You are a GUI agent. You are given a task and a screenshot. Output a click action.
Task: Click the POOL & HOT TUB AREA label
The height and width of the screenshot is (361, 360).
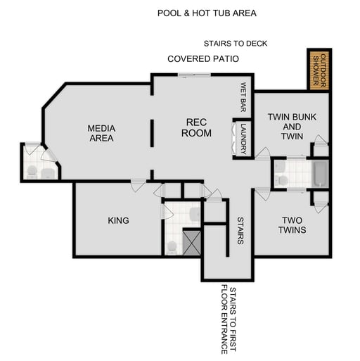[x=206, y=13]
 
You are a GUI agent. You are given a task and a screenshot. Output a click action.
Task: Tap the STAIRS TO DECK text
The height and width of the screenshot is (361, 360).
[x=235, y=43]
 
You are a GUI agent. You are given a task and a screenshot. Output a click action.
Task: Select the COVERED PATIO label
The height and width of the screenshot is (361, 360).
[x=202, y=59]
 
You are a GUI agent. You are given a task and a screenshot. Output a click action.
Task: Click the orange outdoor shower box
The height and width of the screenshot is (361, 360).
[x=319, y=70]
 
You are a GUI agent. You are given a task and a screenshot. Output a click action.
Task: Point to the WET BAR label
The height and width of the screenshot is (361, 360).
[x=243, y=97]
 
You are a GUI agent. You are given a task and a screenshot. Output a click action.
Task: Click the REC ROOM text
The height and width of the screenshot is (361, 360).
[x=196, y=127]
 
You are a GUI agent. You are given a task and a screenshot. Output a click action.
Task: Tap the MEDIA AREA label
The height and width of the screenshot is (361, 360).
[x=101, y=133]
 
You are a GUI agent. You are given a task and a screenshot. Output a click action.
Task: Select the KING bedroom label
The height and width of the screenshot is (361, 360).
[x=118, y=220]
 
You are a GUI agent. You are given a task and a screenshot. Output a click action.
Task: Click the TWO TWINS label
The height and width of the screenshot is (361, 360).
[x=291, y=224]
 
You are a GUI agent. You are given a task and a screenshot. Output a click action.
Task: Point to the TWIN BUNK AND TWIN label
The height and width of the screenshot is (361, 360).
[x=292, y=126]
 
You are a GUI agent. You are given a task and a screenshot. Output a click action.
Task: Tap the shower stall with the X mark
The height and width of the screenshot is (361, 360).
[x=192, y=241]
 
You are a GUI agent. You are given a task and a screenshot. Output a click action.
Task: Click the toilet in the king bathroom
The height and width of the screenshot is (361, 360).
[x=171, y=247]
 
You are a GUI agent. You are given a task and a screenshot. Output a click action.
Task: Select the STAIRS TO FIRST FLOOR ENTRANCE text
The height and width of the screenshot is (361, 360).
[x=229, y=319]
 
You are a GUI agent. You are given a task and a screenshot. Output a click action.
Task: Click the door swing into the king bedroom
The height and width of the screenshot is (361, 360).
[x=138, y=186]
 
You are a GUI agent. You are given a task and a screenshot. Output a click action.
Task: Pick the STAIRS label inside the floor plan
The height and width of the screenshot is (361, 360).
[x=240, y=230]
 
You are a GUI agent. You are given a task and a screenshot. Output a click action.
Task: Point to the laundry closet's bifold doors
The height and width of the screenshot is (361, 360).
[x=234, y=139]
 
